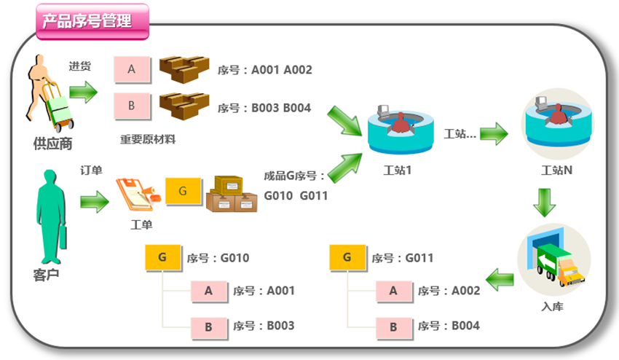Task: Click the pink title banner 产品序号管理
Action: pos(92,21)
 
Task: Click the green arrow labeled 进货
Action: pos(82,93)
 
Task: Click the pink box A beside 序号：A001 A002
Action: pos(132,69)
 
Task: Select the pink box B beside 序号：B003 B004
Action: pos(132,106)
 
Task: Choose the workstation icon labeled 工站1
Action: pos(401,130)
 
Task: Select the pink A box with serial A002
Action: pos(394,291)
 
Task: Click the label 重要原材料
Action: pos(148,139)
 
